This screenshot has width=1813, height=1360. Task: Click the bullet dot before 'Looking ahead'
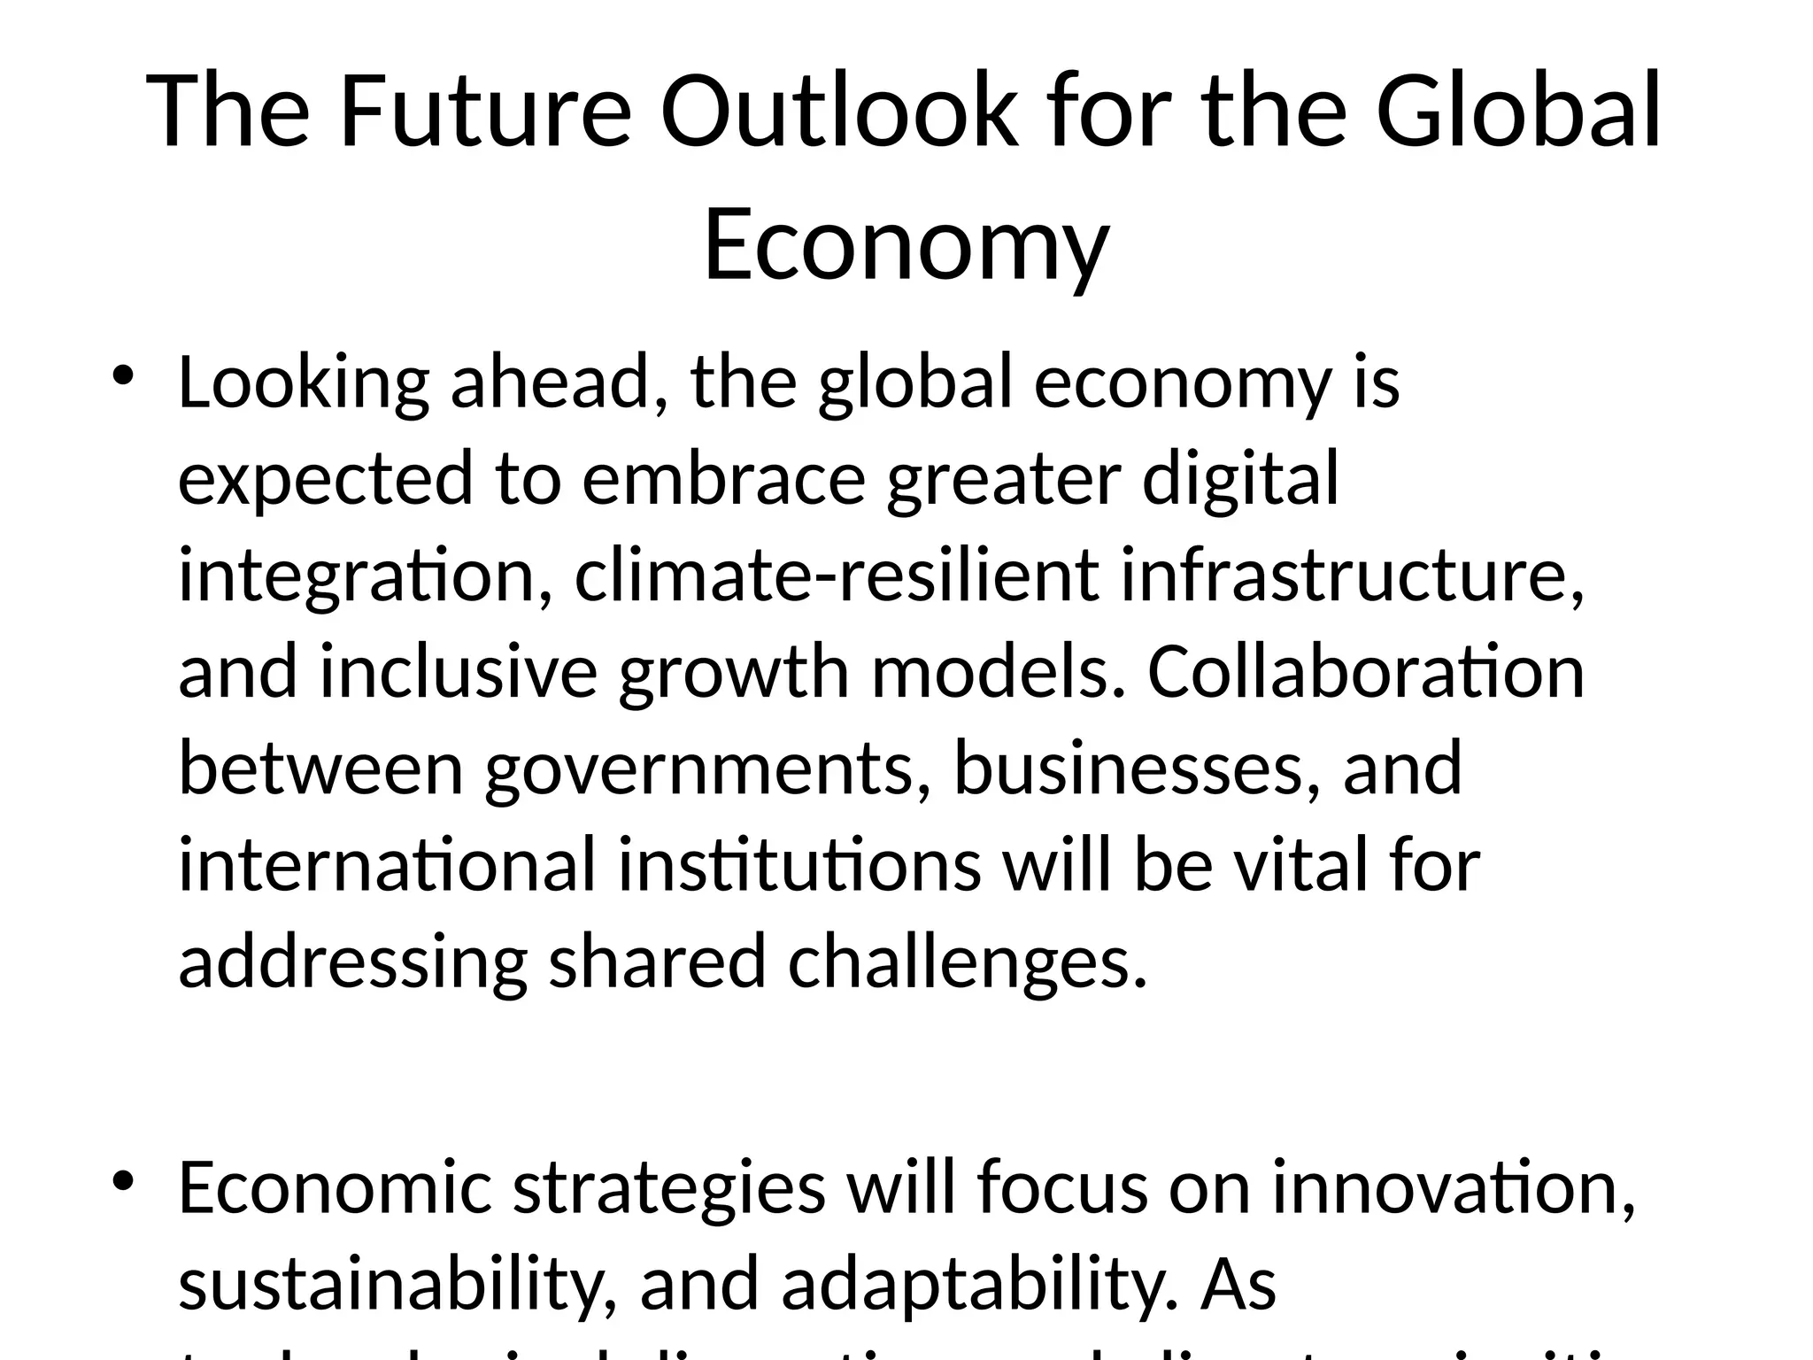[122, 375]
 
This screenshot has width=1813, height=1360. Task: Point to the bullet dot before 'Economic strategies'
[122, 1181]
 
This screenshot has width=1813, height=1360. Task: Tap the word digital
[1240, 479]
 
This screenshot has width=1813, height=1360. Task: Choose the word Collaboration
[1366, 672]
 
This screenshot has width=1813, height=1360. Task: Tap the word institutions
[799, 865]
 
